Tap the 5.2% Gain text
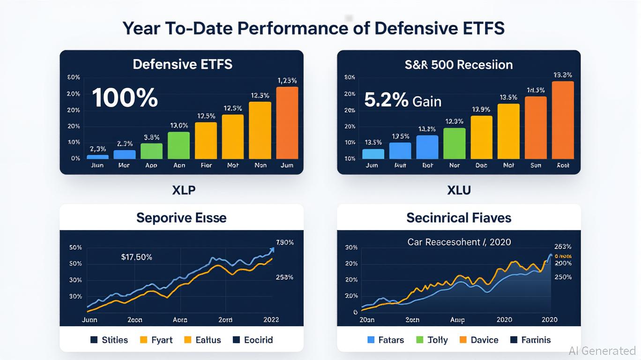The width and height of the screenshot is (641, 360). pyautogui.click(x=402, y=100)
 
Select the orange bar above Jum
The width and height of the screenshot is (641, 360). pyautogui.click(x=287, y=123)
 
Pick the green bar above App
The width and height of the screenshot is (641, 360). pyautogui.click(x=151, y=151)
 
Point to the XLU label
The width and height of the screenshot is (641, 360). pyautogui.click(x=459, y=190)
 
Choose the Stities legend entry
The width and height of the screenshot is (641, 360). pyautogui.click(x=109, y=340)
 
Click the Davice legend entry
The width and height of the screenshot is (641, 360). pyautogui.click(x=478, y=340)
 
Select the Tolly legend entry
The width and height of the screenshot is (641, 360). pyautogui.click(x=432, y=340)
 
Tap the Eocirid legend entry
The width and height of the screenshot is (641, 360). pyautogui.click(x=253, y=340)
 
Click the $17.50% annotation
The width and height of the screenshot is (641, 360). pyautogui.click(x=136, y=257)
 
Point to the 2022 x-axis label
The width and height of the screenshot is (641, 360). pyautogui.click(x=268, y=319)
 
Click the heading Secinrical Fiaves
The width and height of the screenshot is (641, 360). pyautogui.click(x=459, y=217)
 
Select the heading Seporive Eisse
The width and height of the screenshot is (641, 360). pyautogui.click(x=181, y=217)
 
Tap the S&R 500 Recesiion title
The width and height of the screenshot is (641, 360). pyautogui.click(x=459, y=65)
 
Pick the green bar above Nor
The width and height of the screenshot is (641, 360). pyautogui.click(x=455, y=143)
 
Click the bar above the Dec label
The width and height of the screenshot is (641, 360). pyautogui.click(x=481, y=137)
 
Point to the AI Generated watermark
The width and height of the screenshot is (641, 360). pyautogui.click(x=602, y=351)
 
